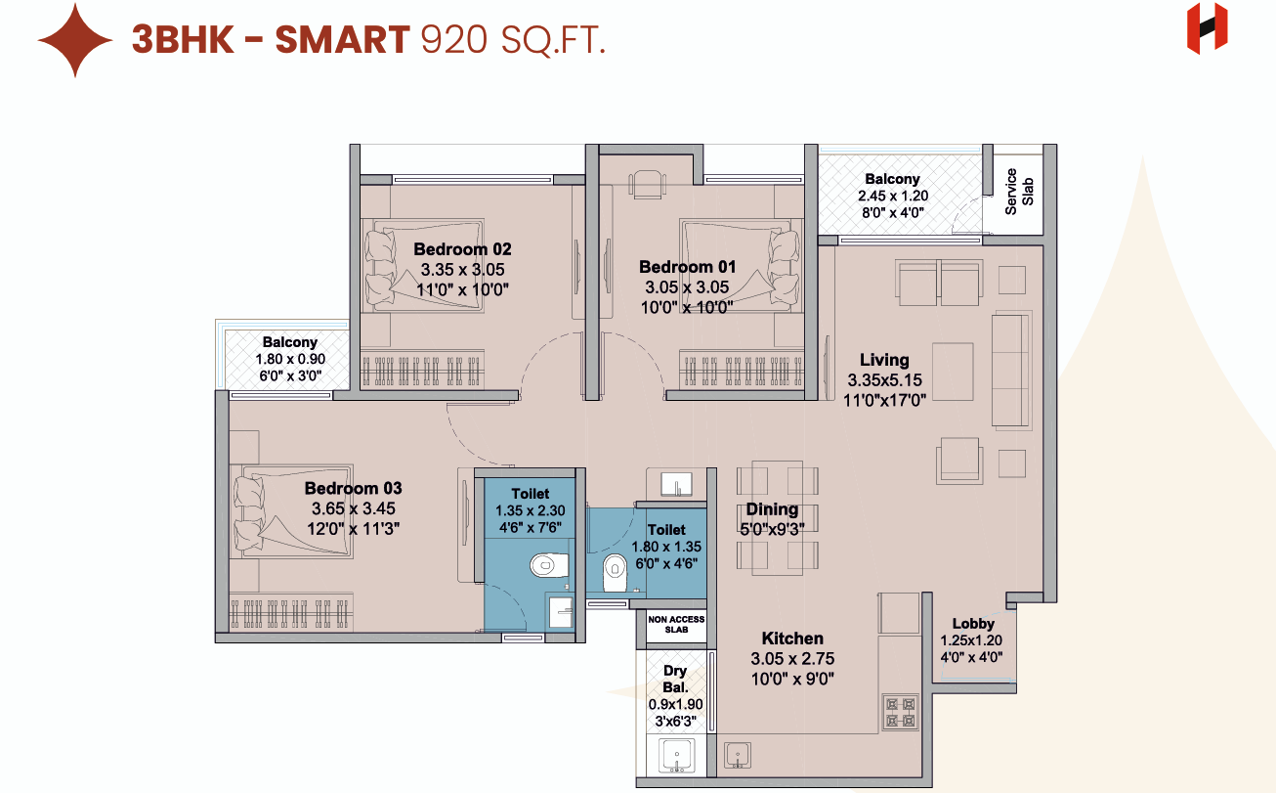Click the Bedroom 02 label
coord(462,249)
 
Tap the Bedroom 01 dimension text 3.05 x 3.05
coord(687,286)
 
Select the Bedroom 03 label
coord(353,488)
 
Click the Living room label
coord(884,360)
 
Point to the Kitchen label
coord(792,638)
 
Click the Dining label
coord(772,509)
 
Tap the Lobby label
coord(973,623)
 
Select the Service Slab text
coord(1019,192)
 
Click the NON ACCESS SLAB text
coord(676,624)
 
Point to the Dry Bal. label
coord(675,679)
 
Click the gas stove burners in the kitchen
coord(900,712)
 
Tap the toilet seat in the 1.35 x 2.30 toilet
coord(550,565)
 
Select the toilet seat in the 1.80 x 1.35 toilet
coord(615,572)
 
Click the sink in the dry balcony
coord(677,756)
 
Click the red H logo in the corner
coord(1207,28)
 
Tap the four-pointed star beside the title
coord(75,40)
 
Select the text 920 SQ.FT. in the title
coord(513,40)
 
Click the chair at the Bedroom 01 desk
coord(647,184)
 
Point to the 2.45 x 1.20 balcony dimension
coord(893,196)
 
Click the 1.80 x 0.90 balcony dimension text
coord(290,359)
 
